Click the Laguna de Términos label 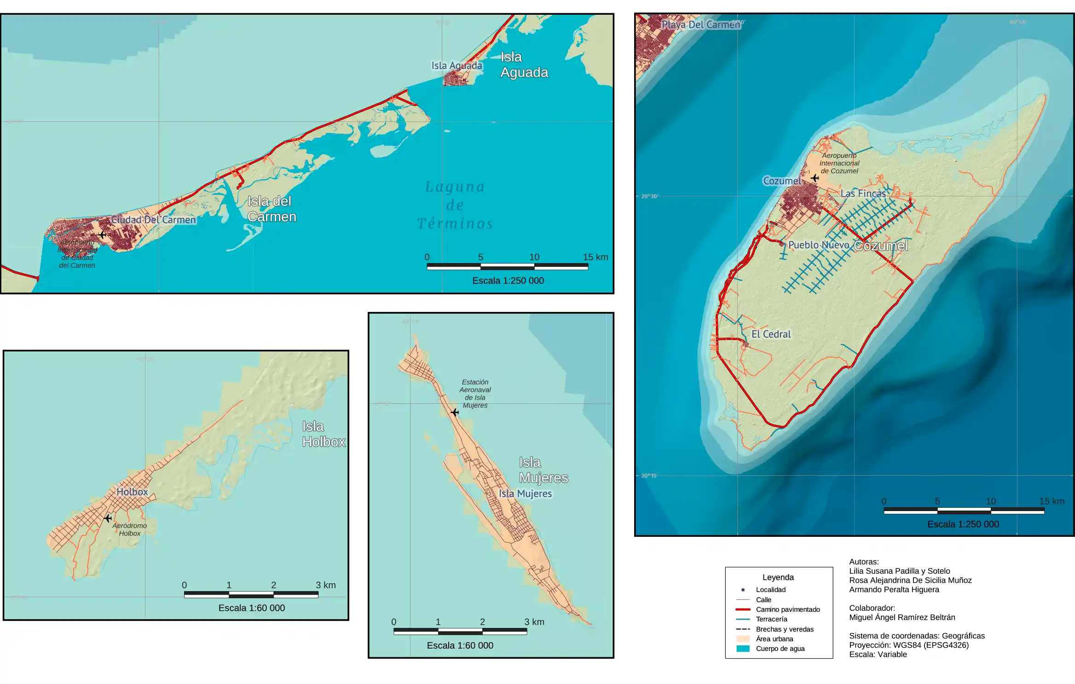pos(455,205)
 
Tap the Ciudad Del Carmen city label pos(154,220)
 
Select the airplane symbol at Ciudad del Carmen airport pos(102,235)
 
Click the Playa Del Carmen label pos(700,25)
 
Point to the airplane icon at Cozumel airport pos(815,178)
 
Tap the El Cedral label pos(771,334)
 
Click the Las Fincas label pos(863,194)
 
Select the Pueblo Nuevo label pos(819,245)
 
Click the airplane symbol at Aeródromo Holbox pos(108,518)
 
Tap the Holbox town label pos(132,492)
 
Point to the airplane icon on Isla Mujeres pos(455,412)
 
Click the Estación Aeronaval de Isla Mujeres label pos(475,393)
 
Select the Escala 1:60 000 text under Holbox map pos(251,608)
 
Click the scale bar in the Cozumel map pos(964,511)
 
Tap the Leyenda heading pos(778,577)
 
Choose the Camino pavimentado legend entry pos(787,609)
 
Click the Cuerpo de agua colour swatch pos(743,649)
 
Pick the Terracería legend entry pos(771,619)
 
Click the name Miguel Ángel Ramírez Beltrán pos(902,617)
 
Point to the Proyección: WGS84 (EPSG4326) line pos(908,645)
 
